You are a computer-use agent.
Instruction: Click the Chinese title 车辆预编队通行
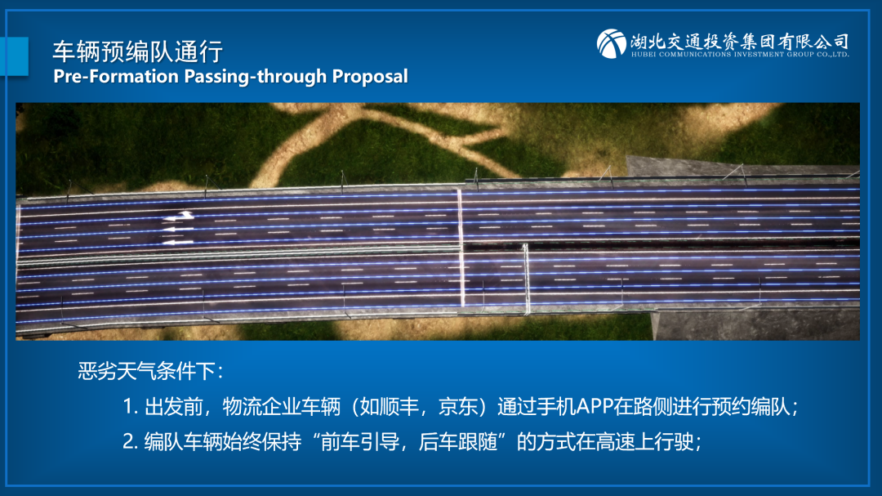click(138, 51)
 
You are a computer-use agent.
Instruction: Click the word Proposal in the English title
click(370, 77)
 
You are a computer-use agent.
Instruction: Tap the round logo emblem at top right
click(612, 43)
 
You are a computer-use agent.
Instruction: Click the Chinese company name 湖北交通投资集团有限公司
click(739, 41)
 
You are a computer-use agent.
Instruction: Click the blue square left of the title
click(14, 56)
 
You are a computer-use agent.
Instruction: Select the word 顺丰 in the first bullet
click(399, 406)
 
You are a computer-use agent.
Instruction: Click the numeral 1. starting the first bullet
click(131, 406)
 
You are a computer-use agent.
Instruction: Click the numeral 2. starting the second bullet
click(131, 441)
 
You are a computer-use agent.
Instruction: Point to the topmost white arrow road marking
click(179, 217)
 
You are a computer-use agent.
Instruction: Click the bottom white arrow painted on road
click(177, 242)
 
